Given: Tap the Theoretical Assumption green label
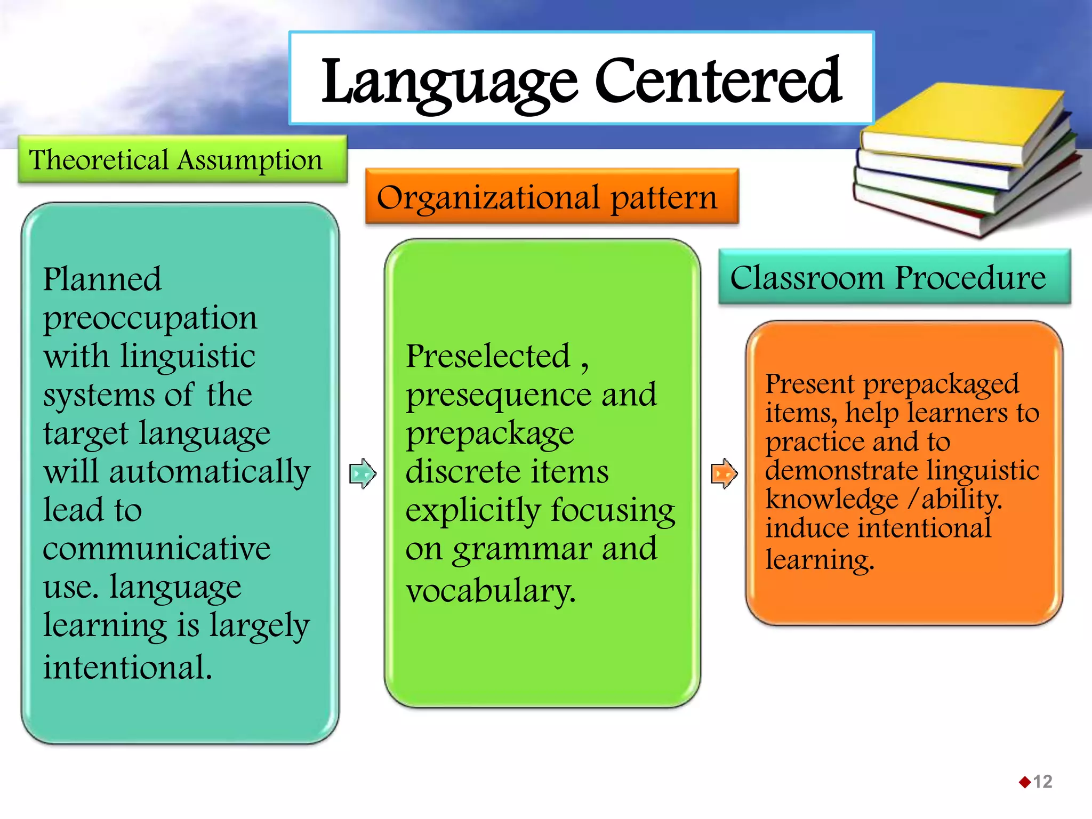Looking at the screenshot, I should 176,160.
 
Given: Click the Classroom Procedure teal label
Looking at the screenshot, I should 888,278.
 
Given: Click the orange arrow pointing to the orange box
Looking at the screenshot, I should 724,473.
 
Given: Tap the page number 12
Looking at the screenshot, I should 1042,782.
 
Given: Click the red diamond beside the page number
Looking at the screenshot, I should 1024,782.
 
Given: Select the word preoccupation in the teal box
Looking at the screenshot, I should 150,319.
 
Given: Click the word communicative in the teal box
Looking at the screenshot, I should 156,549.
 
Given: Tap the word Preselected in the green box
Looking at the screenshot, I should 488,356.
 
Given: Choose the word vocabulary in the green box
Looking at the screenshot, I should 491,591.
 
